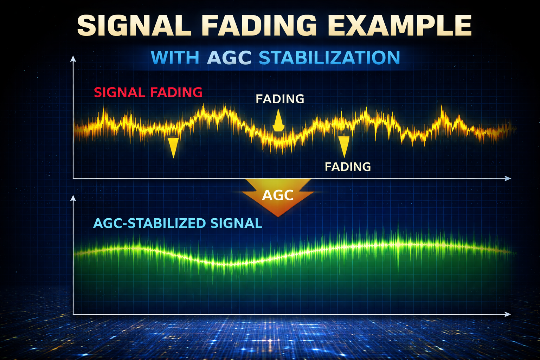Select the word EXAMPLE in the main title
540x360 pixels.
click(401, 25)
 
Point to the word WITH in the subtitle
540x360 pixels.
click(175, 58)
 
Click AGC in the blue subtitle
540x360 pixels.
click(229, 58)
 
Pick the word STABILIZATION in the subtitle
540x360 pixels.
click(329, 58)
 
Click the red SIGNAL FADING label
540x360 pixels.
click(148, 92)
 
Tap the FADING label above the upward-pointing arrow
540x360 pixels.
click(280, 99)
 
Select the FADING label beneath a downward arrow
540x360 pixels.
click(348, 166)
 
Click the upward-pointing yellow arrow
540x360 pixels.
click(278, 121)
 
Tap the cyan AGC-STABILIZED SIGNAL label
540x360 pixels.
click(178, 223)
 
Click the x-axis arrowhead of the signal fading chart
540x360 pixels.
click(508, 179)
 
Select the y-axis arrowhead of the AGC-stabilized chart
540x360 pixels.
click(73, 198)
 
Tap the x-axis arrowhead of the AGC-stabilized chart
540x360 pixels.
click(508, 314)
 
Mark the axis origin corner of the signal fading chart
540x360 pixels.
click(73, 179)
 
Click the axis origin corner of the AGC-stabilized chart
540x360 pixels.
click(73, 314)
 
